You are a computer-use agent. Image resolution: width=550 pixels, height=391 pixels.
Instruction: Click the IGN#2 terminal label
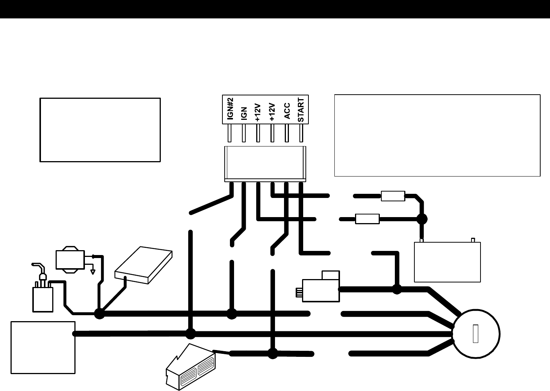pos(231,109)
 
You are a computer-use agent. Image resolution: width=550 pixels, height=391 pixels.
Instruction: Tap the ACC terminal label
pos(287,111)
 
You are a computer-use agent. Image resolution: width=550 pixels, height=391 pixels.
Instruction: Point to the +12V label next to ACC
pos(273,112)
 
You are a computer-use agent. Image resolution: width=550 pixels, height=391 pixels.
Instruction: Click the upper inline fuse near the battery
pos(393,196)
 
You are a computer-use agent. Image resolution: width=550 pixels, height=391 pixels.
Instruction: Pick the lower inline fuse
pos(367,219)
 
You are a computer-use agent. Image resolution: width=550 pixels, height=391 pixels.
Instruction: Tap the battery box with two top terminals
pos(447,262)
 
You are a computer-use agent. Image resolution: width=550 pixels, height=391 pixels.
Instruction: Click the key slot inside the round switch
pos(475,334)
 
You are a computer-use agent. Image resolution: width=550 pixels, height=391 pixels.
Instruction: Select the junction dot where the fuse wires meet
pos(422,219)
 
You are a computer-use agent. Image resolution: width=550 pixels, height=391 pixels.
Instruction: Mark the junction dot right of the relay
pos(397,289)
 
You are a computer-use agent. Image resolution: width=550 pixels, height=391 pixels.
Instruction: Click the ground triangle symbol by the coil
pos(92,271)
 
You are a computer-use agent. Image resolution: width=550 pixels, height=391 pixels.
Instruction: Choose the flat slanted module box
pos(144,266)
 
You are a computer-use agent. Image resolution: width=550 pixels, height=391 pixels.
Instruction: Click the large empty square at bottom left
pos(43,347)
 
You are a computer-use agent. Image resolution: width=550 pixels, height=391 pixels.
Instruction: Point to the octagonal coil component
pos(70,260)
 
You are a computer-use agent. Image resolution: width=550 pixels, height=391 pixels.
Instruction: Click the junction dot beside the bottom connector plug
pos(273,353)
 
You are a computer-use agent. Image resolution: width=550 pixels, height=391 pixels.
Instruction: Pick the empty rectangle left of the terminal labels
pos(100,130)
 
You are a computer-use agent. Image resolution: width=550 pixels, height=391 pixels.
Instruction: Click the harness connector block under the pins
pos(265,163)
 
